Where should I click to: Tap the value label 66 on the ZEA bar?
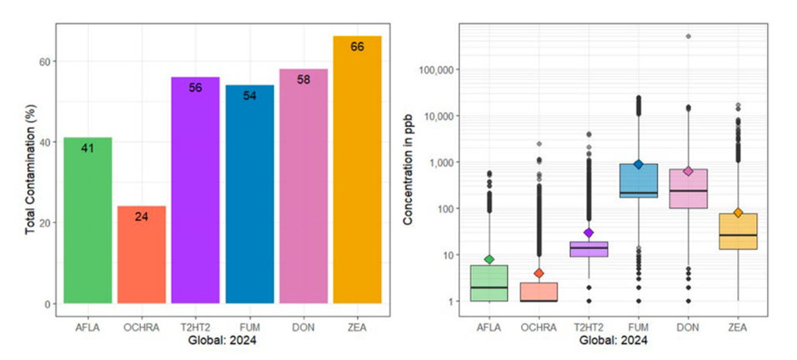357,47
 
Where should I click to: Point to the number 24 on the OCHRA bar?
142,217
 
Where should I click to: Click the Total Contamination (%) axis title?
31,176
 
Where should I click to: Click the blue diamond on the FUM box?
639,164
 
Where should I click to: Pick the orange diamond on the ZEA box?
738,213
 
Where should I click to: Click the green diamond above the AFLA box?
489,259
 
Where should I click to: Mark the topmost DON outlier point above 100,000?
688,37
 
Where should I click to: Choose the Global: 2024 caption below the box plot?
614,340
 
